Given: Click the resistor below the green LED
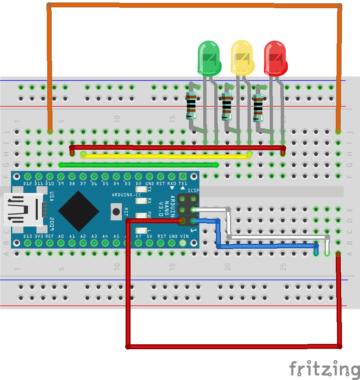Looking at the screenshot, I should click(191, 105).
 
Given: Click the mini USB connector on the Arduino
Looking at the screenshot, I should click(23, 209).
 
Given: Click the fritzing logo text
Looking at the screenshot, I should click(324, 368).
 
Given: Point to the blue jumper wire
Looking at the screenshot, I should click(267, 246).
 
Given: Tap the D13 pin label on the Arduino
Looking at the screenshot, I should click(28, 236).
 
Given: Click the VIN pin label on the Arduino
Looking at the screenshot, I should click(184, 236).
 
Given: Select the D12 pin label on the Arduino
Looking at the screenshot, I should click(28, 183).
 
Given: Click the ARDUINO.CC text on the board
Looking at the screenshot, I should click(126, 195).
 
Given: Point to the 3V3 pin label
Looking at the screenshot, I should click(39, 236).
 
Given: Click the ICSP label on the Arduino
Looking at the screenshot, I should click(193, 190).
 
